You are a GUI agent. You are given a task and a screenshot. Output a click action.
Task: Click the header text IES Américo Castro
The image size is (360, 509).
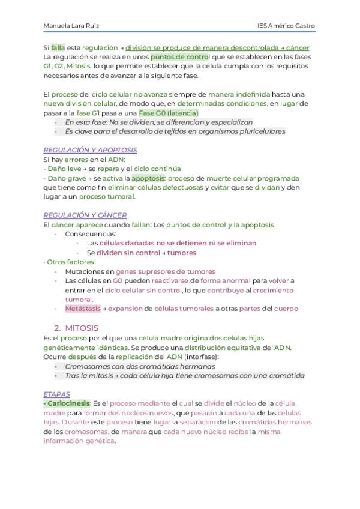tap(286, 26)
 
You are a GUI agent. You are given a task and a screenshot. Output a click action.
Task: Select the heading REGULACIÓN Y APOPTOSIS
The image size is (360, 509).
tap(90, 150)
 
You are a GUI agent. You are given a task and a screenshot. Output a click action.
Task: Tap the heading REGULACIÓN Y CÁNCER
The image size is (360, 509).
tap(85, 215)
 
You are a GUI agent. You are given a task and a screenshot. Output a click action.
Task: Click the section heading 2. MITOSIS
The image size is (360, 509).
tap(76, 328)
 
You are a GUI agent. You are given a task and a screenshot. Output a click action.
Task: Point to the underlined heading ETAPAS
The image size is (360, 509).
tap(57, 394)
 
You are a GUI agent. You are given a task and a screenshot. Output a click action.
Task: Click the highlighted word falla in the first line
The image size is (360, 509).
tap(58, 47)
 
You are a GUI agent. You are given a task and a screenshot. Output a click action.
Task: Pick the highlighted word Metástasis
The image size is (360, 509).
tap(83, 309)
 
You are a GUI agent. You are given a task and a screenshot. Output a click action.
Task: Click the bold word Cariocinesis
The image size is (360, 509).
tap(67, 403)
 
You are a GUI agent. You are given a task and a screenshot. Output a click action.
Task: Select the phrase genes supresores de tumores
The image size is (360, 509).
tap(165, 271)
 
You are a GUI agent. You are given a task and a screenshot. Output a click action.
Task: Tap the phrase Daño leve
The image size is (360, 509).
tap(60, 169)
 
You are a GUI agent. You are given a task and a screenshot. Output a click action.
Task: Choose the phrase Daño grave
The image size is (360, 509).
tap(62, 178)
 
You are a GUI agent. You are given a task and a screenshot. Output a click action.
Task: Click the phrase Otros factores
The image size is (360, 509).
tap(71, 262)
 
